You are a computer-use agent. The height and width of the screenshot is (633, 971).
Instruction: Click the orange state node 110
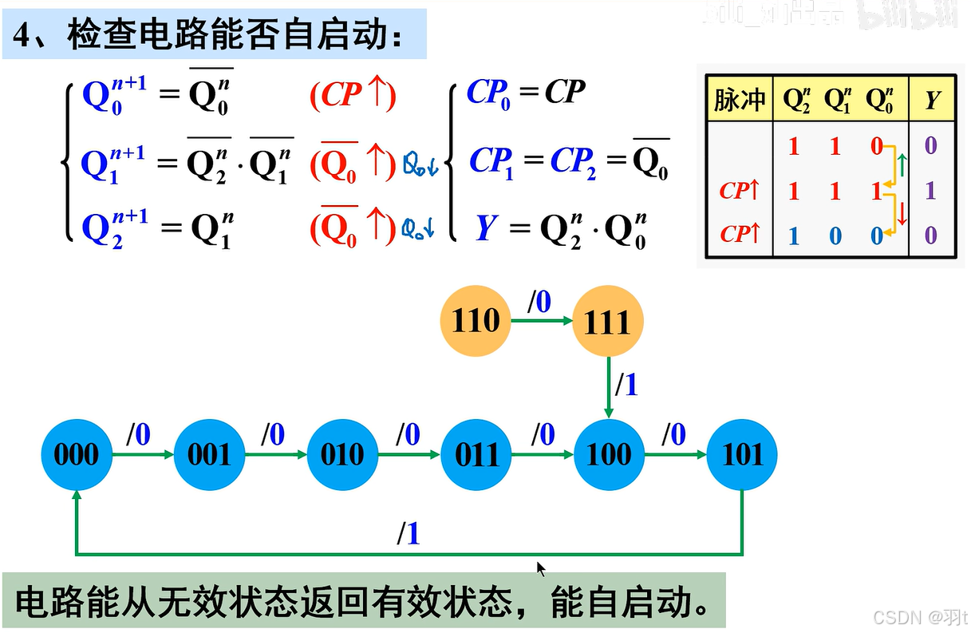click(x=475, y=321)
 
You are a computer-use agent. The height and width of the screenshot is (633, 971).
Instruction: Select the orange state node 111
click(x=608, y=322)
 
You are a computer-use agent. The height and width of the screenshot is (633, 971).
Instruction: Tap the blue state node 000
click(x=76, y=455)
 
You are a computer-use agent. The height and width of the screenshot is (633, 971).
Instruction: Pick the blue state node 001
click(x=209, y=455)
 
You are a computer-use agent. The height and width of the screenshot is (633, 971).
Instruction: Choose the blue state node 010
click(x=342, y=455)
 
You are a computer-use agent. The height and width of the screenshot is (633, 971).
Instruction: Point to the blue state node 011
click(x=476, y=455)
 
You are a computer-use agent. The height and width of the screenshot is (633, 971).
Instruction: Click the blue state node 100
click(x=609, y=455)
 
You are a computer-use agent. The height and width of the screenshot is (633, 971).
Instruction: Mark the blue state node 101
click(x=742, y=455)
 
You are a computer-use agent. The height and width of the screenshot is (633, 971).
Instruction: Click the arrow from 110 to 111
click(x=542, y=321)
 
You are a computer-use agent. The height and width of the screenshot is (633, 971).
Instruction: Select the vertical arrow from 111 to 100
click(x=609, y=386)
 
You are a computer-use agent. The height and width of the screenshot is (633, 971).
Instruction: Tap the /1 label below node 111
click(x=627, y=386)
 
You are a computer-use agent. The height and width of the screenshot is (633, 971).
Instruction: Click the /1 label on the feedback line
click(x=409, y=534)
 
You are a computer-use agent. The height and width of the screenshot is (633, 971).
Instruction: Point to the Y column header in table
click(x=931, y=100)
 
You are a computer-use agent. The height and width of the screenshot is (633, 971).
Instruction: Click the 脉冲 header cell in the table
click(x=739, y=100)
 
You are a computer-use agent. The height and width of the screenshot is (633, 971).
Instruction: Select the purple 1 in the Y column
click(x=930, y=191)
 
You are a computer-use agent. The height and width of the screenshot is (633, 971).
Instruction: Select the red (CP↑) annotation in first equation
click(x=352, y=95)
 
